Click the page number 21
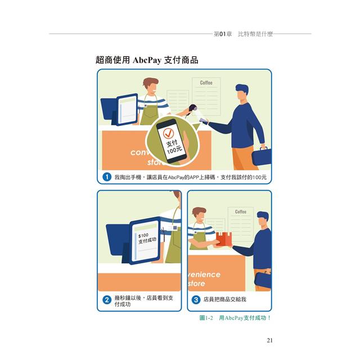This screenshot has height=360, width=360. tap(270, 340)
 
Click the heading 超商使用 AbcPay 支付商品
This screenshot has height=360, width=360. tap(147, 60)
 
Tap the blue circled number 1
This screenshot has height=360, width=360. tap(107, 177)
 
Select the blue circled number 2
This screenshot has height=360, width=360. tap(107, 300)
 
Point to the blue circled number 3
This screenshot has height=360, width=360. tap(196, 300)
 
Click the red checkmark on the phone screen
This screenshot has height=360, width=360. tap(168, 133)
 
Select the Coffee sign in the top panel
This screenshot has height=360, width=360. tap(206, 83)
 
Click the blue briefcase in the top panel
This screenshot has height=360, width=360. tap(261, 156)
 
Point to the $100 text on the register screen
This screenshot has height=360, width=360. tap(143, 236)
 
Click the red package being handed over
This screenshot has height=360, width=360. tap(224, 239)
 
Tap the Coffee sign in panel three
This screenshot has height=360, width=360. tap(241, 211)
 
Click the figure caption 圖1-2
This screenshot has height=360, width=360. tap(206, 318)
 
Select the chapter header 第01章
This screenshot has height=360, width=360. tap(223, 34)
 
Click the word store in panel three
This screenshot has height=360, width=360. tap(196, 283)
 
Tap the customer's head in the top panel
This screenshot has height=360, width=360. tap(242, 92)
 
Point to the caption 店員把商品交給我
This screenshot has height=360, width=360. tap(225, 299)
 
